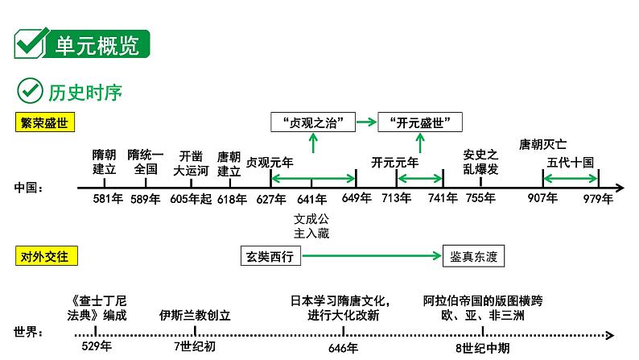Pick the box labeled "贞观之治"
(x=313, y=122)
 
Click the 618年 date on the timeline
(x=232, y=199)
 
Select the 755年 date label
(x=480, y=199)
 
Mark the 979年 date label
(x=599, y=199)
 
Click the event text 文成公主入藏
(x=312, y=226)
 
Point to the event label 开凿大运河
(x=191, y=163)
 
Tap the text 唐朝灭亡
(x=542, y=145)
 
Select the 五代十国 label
(x=571, y=162)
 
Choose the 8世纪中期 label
(x=482, y=348)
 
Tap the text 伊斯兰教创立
(x=196, y=314)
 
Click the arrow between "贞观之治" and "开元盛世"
(x=367, y=122)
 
